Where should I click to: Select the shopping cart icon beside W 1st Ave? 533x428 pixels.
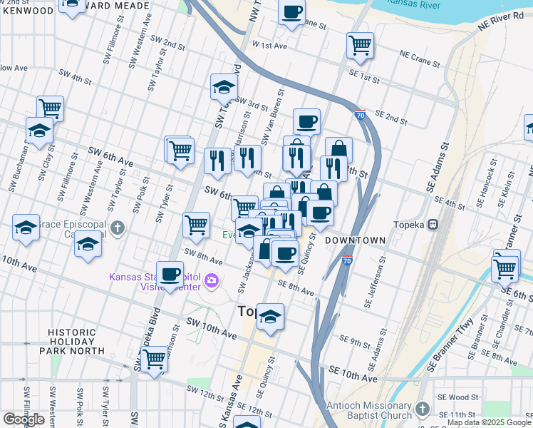click(x=360, y=45)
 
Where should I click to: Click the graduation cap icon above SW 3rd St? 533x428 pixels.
click(x=224, y=88)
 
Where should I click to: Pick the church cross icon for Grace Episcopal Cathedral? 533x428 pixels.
click(x=118, y=228)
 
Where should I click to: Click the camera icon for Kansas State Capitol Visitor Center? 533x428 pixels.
click(x=211, y=280)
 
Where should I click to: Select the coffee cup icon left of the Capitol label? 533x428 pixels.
click(x=170, y=274)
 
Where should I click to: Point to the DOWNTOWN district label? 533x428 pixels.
click(x=355, y=241)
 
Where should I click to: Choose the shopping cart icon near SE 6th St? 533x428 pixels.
click(x=504, y=269)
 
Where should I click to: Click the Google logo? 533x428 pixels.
click(x=24, y=419)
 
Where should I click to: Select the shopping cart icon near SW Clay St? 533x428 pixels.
click(x=50, y=108)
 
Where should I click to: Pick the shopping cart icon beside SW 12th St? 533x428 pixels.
click(x=153, y=360)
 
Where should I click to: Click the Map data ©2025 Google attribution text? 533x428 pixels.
click(x=489, y=422)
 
